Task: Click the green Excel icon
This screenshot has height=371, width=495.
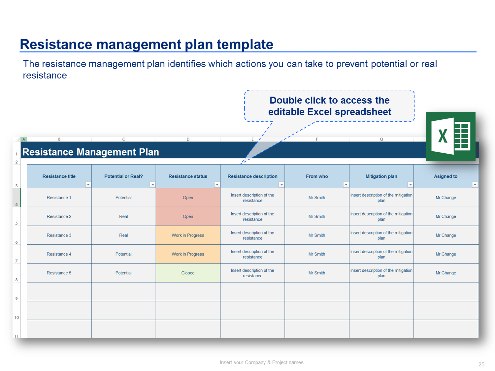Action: pyautogui.click(x=450, y=136)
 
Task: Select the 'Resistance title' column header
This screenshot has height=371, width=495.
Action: pyautogui.click(x=59, y=176)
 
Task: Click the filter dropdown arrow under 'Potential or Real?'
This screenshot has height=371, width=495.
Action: pyautogui.click(x=152, y=185)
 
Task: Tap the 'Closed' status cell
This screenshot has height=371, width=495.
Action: pyautogui.click(x=188, y=273)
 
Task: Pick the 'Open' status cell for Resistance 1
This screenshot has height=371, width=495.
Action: pyautogui.click(x=188, y=198)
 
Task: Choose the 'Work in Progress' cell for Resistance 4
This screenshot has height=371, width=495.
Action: pyautogui.click(x=188, y=254)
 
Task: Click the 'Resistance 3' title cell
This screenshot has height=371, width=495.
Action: pyautogui.click(x=59, y=235)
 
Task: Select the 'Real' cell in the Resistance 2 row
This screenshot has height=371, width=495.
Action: pyautogui.click(x=123, y=216)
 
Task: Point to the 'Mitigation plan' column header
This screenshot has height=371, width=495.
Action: pyautogui.click(x=381, y=176)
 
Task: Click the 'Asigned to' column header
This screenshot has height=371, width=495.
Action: pyautogui.click(x=445, y=176)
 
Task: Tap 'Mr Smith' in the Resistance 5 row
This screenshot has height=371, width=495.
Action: pyautogui.click(x=316, y=273)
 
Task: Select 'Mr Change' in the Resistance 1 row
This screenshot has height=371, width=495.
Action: pyautogui.click(x=445, y=198)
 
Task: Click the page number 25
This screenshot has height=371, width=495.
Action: pyautogui.click(x=481, y=364)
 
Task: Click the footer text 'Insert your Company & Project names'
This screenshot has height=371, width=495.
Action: pyautogui.click(x=262, y=362)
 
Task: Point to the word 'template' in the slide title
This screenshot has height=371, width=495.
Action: pyautogui.click(x=245, y=44)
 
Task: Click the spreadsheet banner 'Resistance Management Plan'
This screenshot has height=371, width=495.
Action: pyautogui.click(x=91, y=152)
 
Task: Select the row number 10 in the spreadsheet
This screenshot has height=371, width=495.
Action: pyautogui.click(x=16, y=317)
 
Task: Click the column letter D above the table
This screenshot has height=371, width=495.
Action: pyautogui.click(x=188, y=139)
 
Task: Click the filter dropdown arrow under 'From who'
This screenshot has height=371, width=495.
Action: pyautogui.click(x=346, y=185)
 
